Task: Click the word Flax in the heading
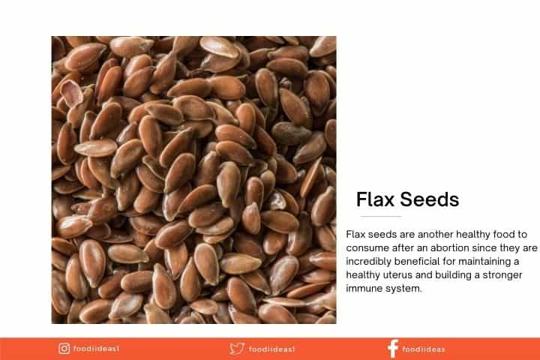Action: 375,199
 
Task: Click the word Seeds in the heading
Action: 430,199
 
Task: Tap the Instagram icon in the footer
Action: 64,349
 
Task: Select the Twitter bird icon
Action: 237,349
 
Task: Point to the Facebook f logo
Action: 393,349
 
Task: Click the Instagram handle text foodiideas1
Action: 96,349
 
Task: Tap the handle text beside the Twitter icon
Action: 271,349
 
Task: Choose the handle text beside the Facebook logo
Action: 424,349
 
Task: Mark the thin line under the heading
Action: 381,216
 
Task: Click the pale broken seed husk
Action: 72,93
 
